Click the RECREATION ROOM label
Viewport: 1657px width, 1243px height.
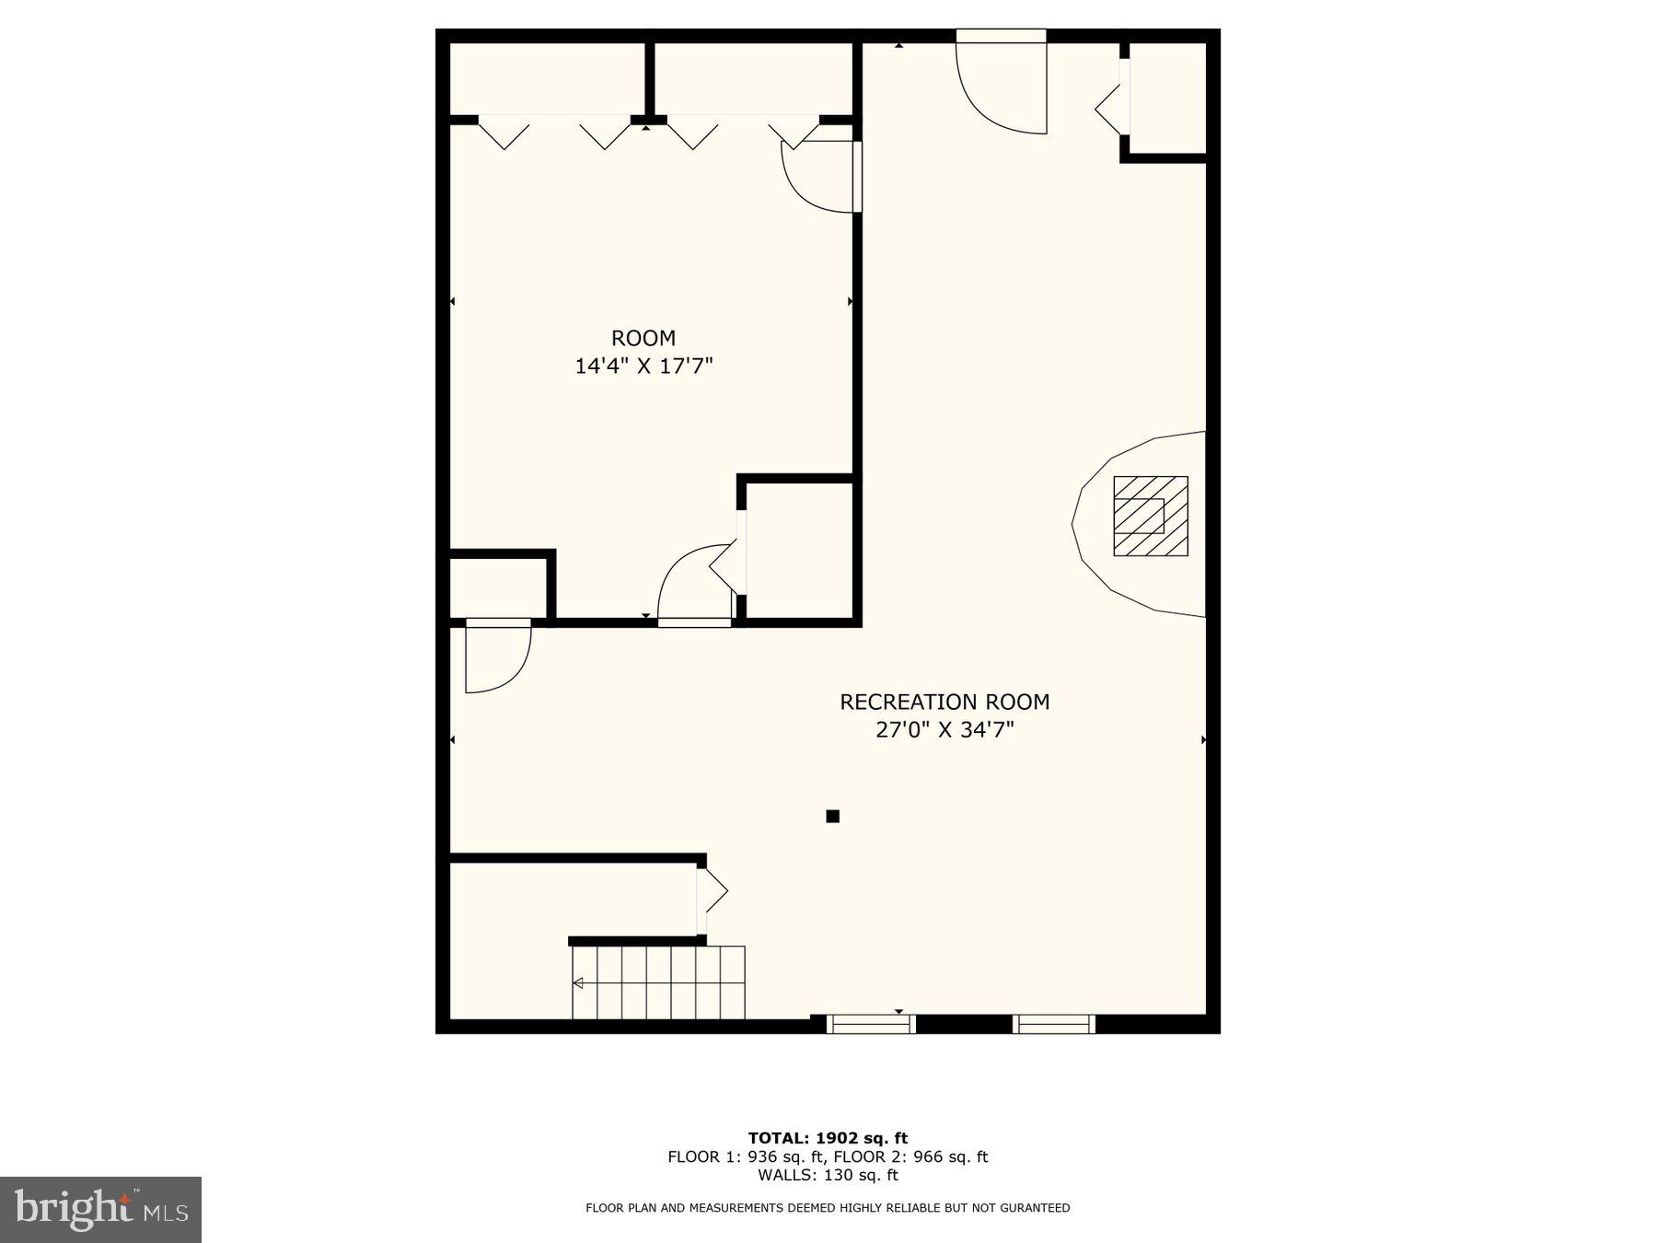click(944, 702)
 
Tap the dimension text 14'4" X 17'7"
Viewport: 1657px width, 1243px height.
click(643, 366)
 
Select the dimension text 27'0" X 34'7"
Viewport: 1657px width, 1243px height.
click(944, 730)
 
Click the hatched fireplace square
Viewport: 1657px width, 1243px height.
click(1151, 516)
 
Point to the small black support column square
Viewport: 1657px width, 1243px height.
click(832, 816)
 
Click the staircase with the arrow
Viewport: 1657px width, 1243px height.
click(658, 982)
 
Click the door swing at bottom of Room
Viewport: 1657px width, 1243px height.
click(695, 585)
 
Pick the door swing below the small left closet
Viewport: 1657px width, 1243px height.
click(497, 656)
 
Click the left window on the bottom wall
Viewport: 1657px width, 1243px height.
click(870, 1023)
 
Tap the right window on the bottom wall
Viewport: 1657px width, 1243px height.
click(1054, 1023)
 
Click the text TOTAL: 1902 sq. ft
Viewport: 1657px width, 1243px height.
click(828, 1138)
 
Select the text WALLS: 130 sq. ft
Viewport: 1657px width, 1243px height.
click(828, 1175)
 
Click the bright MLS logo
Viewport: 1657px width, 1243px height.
click(100, 1209)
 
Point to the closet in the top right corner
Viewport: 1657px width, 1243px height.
click(1167, 97)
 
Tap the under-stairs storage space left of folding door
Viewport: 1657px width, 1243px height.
click(571, 898)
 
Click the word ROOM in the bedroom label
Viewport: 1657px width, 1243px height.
click(643, 338)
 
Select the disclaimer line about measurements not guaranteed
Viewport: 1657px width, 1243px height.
click(828, 1208)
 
